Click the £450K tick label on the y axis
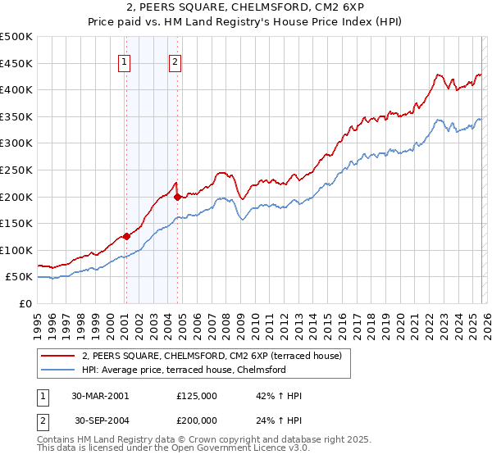pos(16,63)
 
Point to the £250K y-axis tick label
pos(16,170)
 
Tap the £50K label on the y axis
pos(19,277)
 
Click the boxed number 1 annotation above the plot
pos(124,61)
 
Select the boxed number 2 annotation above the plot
pos(175,61)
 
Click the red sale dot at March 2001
pos(126,237)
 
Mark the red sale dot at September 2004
pos(178,197)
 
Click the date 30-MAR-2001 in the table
pos(100,396)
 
